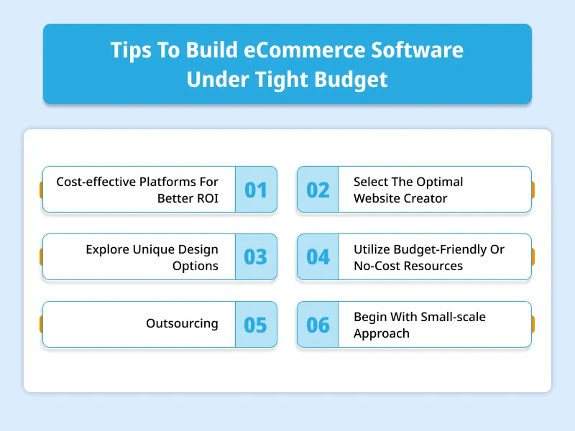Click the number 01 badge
pos(256,190)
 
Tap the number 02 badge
pos(318,190)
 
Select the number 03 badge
pos(256,256)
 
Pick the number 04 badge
pos(318,256)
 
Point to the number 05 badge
pos(256,325)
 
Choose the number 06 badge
pos(318,325)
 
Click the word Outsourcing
pos(182,323)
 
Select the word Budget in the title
pos(351,80)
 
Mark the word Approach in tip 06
pos(382,333)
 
